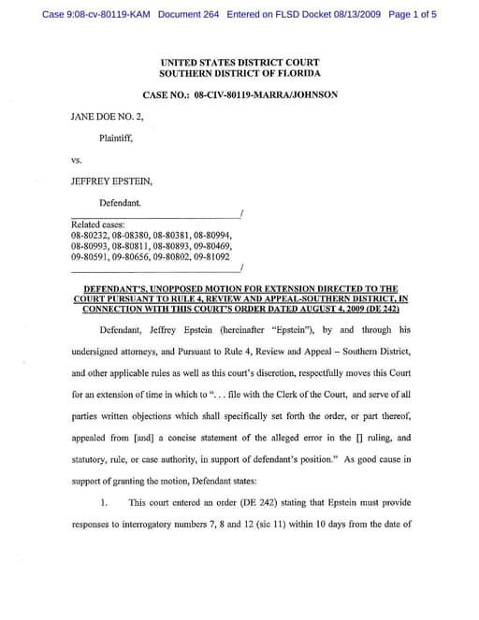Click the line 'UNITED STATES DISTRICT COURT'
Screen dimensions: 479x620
point(239,62)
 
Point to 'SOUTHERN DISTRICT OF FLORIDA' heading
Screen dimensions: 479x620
point(239,73)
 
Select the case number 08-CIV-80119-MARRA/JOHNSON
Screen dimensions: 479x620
point(266,94)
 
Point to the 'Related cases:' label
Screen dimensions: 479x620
point(96,225)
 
